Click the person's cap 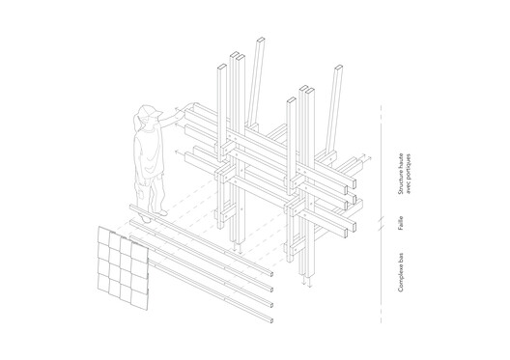(x=146, y=112)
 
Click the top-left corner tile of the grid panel (x=103, y=233)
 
